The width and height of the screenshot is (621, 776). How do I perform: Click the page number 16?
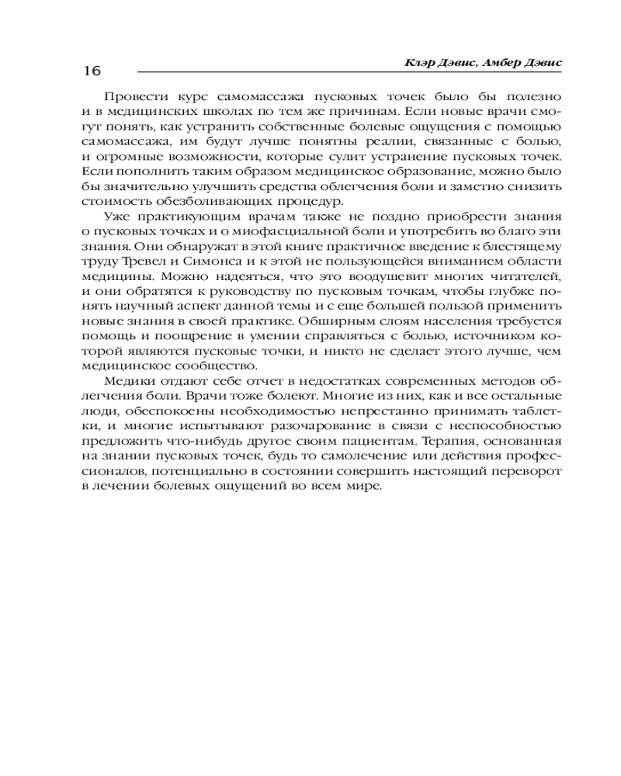(91, 71)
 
